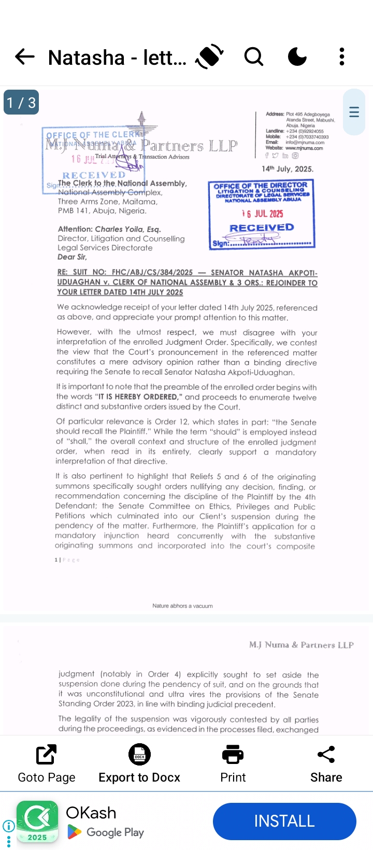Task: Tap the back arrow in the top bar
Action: (x=24, y=56)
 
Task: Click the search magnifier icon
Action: (x=254, y=56)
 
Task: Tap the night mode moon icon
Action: (x=297, y=56)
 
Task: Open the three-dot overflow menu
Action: (x=342, y=56)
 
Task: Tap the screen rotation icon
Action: (x=209, y=56)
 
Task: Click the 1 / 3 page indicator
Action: (x=21, y=103)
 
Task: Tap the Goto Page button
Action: (x=47, y=763)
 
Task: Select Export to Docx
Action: (x=139, y=763)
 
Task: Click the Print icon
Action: (x=233, y=763)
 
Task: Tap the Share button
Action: (x=326, y=763)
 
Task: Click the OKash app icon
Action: (x=37, y=821)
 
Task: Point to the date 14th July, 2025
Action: (x=288, y=169)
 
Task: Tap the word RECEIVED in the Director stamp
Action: (x=262, y=228)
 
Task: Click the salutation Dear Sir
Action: (x=72, y=257)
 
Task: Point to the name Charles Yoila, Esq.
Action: (x=128, y=229)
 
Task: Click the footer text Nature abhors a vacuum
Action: (x=182, y=606)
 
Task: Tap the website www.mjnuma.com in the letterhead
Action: (x=304, y=148)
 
